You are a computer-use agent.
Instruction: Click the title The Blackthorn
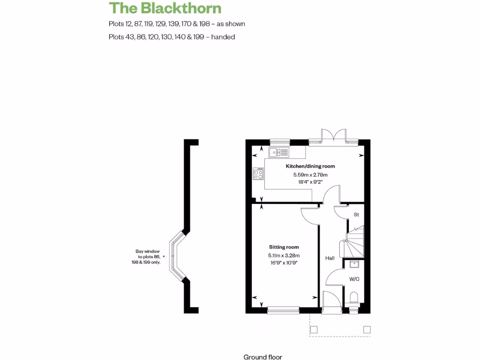point(165,8)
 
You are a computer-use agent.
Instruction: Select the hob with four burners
point(258,174)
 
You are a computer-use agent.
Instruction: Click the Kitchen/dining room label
point(310,166)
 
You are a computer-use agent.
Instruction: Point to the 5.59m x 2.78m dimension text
point(310,175)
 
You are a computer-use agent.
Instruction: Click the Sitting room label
point(284,247)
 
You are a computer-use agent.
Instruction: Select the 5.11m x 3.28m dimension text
point(284,255)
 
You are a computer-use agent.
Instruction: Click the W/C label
point(354,279)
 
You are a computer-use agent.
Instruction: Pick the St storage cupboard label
point(356,215)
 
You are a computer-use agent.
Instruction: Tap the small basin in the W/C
point(354,264)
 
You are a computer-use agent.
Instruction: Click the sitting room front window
point(283,309)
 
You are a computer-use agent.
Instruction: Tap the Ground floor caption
point(262,357)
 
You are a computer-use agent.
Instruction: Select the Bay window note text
point(146,257)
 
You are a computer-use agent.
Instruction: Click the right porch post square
point(367,330)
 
